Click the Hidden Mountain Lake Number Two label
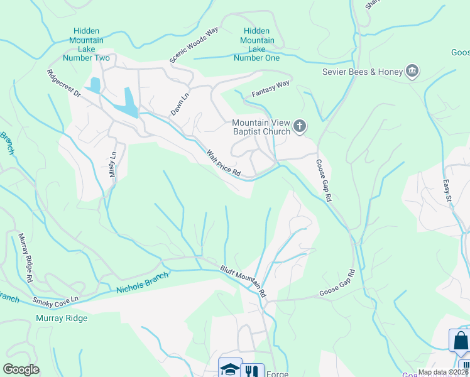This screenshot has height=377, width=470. coord(90,45)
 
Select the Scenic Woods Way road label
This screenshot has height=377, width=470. coord(193,45)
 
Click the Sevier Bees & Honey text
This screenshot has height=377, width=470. coord(362,72)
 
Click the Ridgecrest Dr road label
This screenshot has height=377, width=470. coord(63,83)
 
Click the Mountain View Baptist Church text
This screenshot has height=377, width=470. coord(261,127)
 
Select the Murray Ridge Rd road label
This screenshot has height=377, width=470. coord(25,258)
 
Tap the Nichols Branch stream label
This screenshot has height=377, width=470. coord(143,283)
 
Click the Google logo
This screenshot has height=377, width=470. coord(21,369)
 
